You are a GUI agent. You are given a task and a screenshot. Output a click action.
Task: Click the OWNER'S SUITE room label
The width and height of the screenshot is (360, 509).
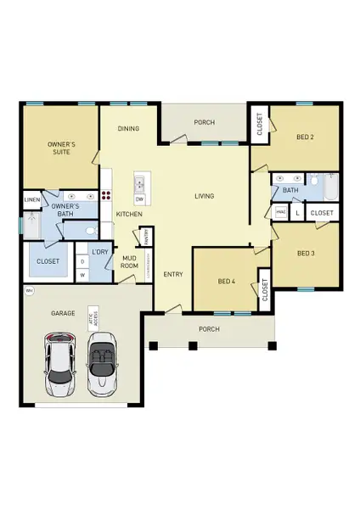(60, 149)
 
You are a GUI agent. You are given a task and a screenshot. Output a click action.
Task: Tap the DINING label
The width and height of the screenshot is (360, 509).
(129, 129)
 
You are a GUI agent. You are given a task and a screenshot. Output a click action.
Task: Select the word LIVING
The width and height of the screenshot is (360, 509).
(204, 196)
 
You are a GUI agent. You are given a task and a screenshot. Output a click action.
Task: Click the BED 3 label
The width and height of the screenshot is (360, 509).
(307, 253)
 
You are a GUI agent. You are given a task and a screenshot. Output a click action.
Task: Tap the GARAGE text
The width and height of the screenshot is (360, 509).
(63, 313)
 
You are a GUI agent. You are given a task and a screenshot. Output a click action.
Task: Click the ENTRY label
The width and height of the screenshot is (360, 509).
(173, 274)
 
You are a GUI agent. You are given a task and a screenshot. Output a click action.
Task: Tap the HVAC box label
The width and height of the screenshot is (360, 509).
(280, 212)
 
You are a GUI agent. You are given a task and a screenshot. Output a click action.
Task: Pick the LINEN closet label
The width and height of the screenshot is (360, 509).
(32, 200)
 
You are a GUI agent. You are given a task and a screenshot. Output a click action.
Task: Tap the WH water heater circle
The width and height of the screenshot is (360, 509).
(30, 291)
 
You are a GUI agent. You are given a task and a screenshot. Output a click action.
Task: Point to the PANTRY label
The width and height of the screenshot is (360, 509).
(146, 235)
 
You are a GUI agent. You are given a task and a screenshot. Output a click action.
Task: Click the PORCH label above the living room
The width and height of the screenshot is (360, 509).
(204, 122)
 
